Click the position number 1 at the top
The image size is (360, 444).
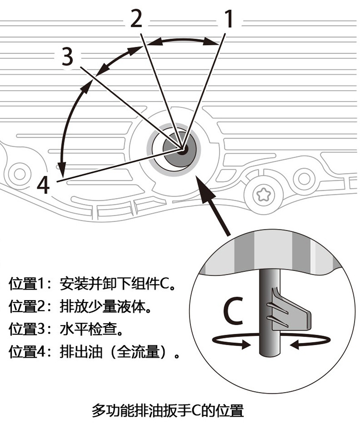(x=229, y=19)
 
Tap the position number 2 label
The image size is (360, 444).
(x=136, y=19)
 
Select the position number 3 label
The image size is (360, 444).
(x=67, y=58)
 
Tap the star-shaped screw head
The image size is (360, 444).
(x=263, y=195)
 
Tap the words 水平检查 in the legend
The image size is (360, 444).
(x=92, y=329)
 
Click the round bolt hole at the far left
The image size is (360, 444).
(x=20, y=173)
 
